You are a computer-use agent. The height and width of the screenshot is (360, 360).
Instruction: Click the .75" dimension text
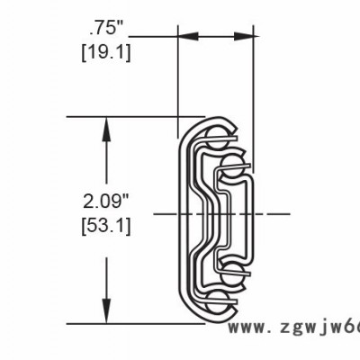coord(103,29)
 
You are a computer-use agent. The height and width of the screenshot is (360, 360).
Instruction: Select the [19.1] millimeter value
coord(106,53)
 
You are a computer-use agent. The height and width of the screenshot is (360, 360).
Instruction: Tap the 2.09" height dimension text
coord(106,202)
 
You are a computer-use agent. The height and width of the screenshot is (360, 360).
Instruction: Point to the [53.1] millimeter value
coord(106,226)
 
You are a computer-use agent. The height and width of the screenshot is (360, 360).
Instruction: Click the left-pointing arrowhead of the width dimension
coord(188,36)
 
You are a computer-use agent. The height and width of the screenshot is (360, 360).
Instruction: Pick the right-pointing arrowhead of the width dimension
coord(244,36)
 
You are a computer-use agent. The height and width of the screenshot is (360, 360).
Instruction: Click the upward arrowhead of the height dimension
coord(106,129)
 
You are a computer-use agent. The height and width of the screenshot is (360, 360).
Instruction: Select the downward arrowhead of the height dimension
coord(106,311)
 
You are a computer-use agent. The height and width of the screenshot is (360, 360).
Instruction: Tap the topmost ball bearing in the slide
coord(217,138)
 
